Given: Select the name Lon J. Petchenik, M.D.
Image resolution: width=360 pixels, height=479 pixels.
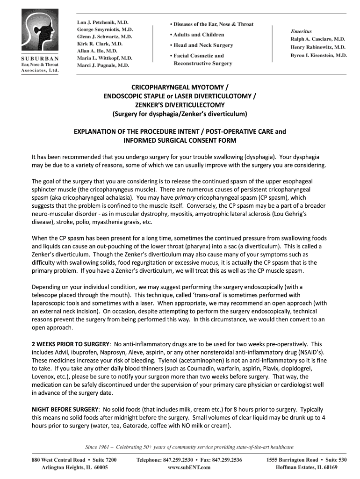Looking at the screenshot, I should tap(102, 22).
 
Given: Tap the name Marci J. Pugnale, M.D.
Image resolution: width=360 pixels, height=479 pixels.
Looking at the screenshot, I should tap(103, 65).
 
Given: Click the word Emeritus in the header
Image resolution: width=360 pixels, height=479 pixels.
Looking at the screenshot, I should tap(301, 31).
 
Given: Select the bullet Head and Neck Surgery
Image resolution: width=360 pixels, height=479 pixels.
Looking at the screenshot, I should tap(201, 45).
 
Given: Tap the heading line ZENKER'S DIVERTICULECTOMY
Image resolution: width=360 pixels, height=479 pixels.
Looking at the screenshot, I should tap(180, 105).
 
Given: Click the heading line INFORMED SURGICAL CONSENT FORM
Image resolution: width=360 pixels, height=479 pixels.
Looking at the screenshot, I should tap(180, 140).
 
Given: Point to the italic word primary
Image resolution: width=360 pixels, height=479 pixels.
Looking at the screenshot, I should tap(186, 198).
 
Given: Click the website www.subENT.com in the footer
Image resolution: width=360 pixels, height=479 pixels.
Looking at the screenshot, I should tap(189, 467).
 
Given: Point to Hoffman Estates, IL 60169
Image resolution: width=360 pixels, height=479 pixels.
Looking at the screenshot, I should tap(306, 467).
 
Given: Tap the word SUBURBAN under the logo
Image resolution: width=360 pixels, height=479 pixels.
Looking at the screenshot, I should tap(39, 58).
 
